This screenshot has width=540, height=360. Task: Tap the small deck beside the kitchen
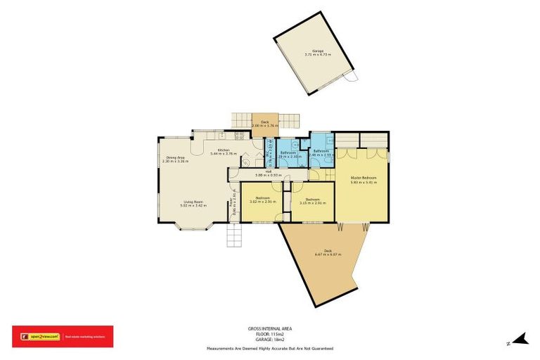coord(265,124)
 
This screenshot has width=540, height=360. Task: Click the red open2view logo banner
coord(62,336)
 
